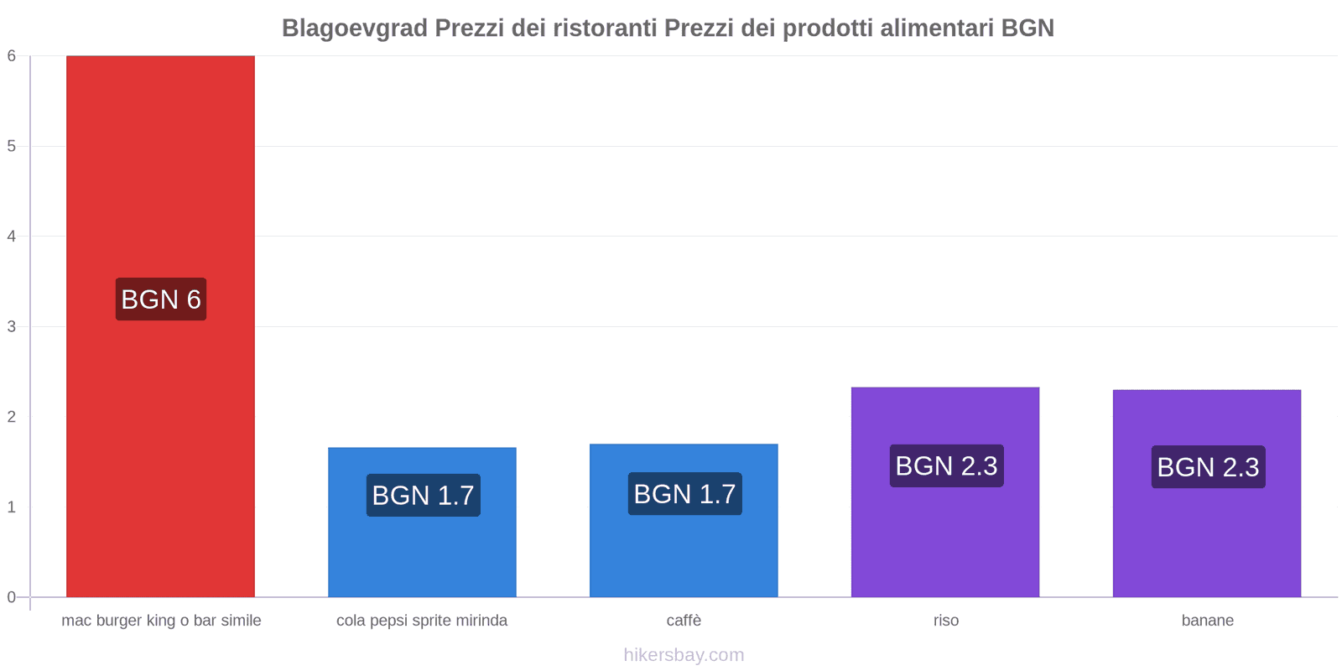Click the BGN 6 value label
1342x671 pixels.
click(161, 299)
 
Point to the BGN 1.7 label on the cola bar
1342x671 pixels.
click(424, 496)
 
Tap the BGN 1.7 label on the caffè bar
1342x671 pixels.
click(685, 494)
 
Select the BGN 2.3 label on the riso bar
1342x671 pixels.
click(947, 466)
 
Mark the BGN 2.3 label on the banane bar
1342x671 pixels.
click(1209, 467)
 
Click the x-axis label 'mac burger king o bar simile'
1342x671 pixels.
click(161, 621)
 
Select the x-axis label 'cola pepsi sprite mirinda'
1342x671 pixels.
click(422, 621)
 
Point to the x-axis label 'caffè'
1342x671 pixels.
click(684, 621)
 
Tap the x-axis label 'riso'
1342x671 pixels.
click(946, 621)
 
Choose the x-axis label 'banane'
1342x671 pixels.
click(1208, 621)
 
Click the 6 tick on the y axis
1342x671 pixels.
click(12, 56)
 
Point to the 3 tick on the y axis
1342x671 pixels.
click(12, 326)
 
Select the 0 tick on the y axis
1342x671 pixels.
click(12, 597)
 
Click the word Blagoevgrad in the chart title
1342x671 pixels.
click(355, 29)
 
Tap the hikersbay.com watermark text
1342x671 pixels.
click(684, 655)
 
